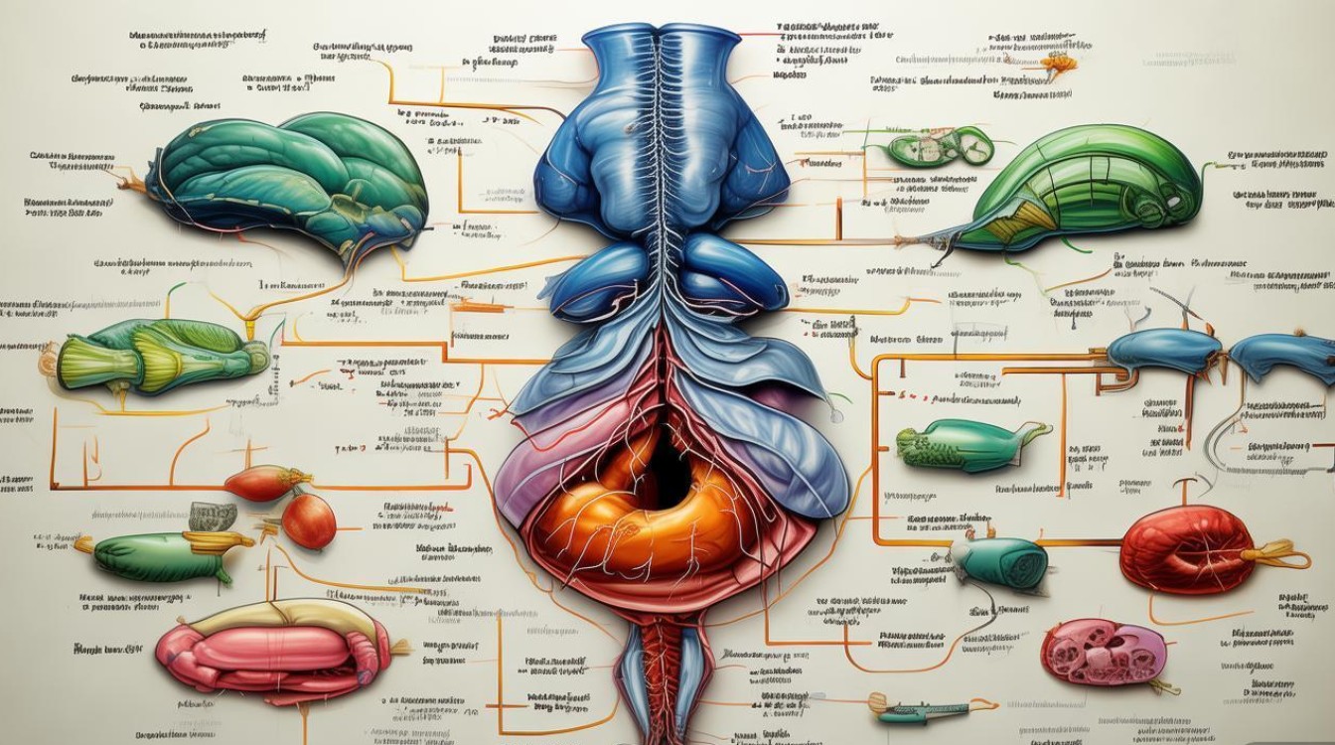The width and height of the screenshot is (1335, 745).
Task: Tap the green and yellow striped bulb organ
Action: (159, 355)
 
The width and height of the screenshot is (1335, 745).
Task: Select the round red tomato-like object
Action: (309, 521)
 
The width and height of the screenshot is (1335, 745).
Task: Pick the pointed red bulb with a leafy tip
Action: (260, 483)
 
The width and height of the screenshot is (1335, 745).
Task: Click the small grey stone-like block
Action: (213, 516)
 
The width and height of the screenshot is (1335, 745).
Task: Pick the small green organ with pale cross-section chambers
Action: (938, 147)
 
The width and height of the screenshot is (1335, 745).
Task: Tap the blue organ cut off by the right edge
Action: (1286, 356)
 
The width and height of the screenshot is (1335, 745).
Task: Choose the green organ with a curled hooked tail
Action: (968, 445)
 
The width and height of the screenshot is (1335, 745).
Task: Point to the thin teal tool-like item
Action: (919, 709)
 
